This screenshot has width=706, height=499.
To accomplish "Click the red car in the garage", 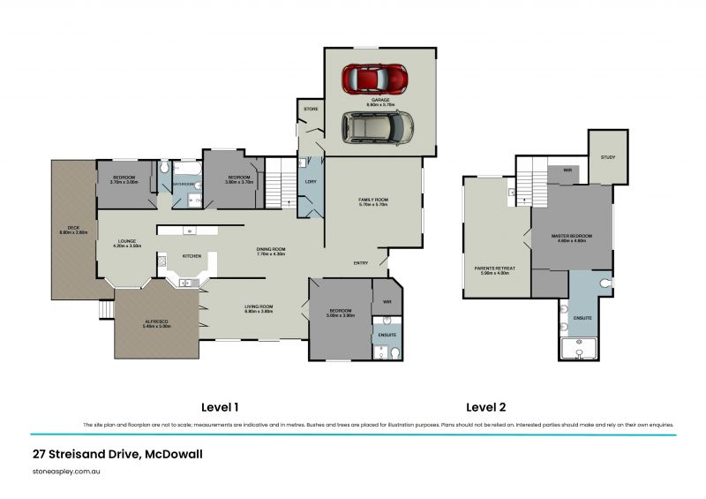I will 375,78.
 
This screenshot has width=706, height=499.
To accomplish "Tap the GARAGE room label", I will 380,100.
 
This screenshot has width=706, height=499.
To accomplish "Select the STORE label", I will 311,109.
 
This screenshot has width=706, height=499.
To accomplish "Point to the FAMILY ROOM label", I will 372,200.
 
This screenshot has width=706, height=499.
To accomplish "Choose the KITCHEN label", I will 192,256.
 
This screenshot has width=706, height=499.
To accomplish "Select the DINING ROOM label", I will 271,249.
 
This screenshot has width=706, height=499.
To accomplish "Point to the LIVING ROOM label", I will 259,306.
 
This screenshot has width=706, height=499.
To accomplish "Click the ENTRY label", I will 361,262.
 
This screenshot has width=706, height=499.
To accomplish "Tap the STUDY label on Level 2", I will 608,157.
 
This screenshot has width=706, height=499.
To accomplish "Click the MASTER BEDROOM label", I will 571,236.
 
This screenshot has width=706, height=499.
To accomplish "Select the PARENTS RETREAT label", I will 494,268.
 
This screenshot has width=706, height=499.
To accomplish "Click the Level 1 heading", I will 220,407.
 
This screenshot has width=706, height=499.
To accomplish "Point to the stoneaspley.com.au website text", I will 67,473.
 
